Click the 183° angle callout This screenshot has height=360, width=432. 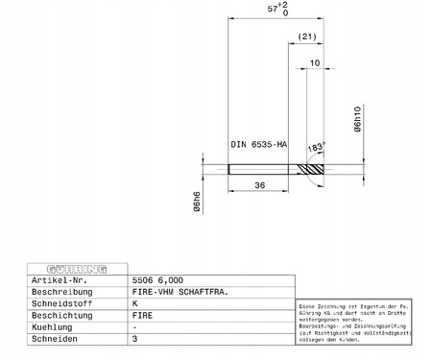tap(316, 147)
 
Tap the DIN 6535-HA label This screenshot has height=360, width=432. tap(258, 144)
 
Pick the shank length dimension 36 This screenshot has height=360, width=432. tap(259, 185)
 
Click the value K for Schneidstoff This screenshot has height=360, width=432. tap(134, 302)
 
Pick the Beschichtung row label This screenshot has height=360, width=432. tap(63, 315)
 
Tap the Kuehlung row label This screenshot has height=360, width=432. tap(54, 326)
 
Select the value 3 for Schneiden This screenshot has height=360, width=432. tap(134, 339)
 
